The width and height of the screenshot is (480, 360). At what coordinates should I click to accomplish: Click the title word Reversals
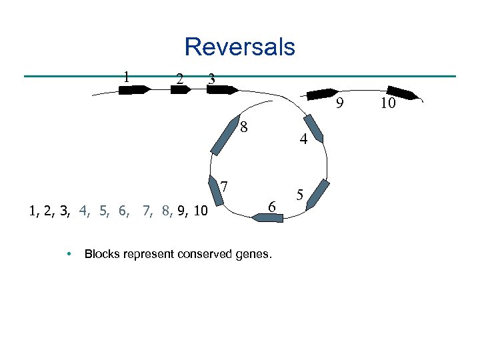pyautogui.click(x=239, y=47)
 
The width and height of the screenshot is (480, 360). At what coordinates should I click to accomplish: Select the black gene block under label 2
pyautogui.click(x=181, y=88)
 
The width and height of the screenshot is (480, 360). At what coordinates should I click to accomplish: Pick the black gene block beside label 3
pyautogui.click(x=222, y=89)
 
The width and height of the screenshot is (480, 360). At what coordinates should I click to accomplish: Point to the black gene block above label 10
pyautogui.click(x=404, y=93)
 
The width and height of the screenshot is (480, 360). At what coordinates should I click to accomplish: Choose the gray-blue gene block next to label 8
pyautogui.click(x=223, y=139)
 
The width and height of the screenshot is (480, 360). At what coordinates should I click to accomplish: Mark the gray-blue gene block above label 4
pyautogui.click(x=313, y=129)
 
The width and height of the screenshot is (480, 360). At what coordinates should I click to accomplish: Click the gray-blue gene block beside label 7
pyautogui.click(x=216, y=193)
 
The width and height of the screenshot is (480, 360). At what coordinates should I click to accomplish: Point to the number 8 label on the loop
pyautogui.click(x=245, y=127)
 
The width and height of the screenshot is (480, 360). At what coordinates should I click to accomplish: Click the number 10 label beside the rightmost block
pyautogui.click(x=388, y=103)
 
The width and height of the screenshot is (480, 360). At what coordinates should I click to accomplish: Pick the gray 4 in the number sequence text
pyautogui.click(x=84, y=212)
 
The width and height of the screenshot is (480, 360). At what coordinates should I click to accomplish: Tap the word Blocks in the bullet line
pyautogui.click(x=103, y=254)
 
